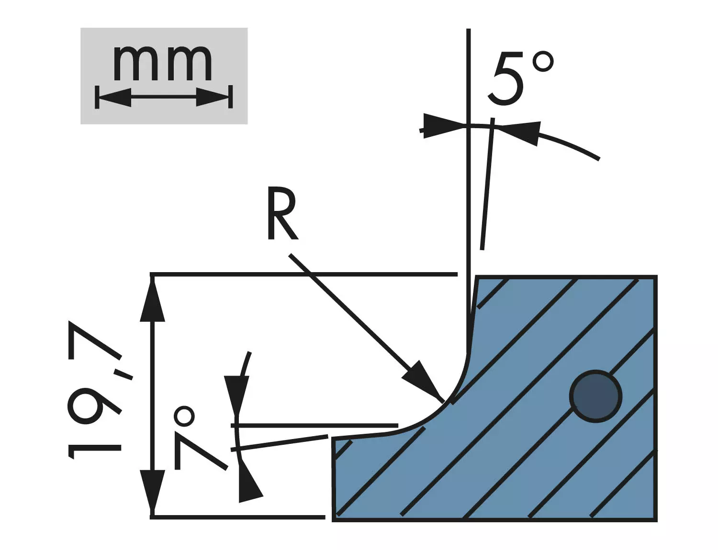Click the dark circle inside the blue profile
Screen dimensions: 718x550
[x=595, y=396]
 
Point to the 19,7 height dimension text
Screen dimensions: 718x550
[x=94, y=389]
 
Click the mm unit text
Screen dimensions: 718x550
[x=162, y=63]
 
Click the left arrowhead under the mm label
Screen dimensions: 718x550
[x=114, y=98]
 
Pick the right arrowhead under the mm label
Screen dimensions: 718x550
[x=213, y=97]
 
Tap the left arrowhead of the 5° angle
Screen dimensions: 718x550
[x=443, y=126]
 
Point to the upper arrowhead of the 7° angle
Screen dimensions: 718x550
[x=236, y=396]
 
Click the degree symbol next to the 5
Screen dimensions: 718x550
[x=543, y=61]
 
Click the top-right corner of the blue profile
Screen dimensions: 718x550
[x=656, y=276]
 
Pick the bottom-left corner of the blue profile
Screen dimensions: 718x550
[x=333, y=521]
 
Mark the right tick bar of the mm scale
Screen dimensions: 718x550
[x=230, y=97]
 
